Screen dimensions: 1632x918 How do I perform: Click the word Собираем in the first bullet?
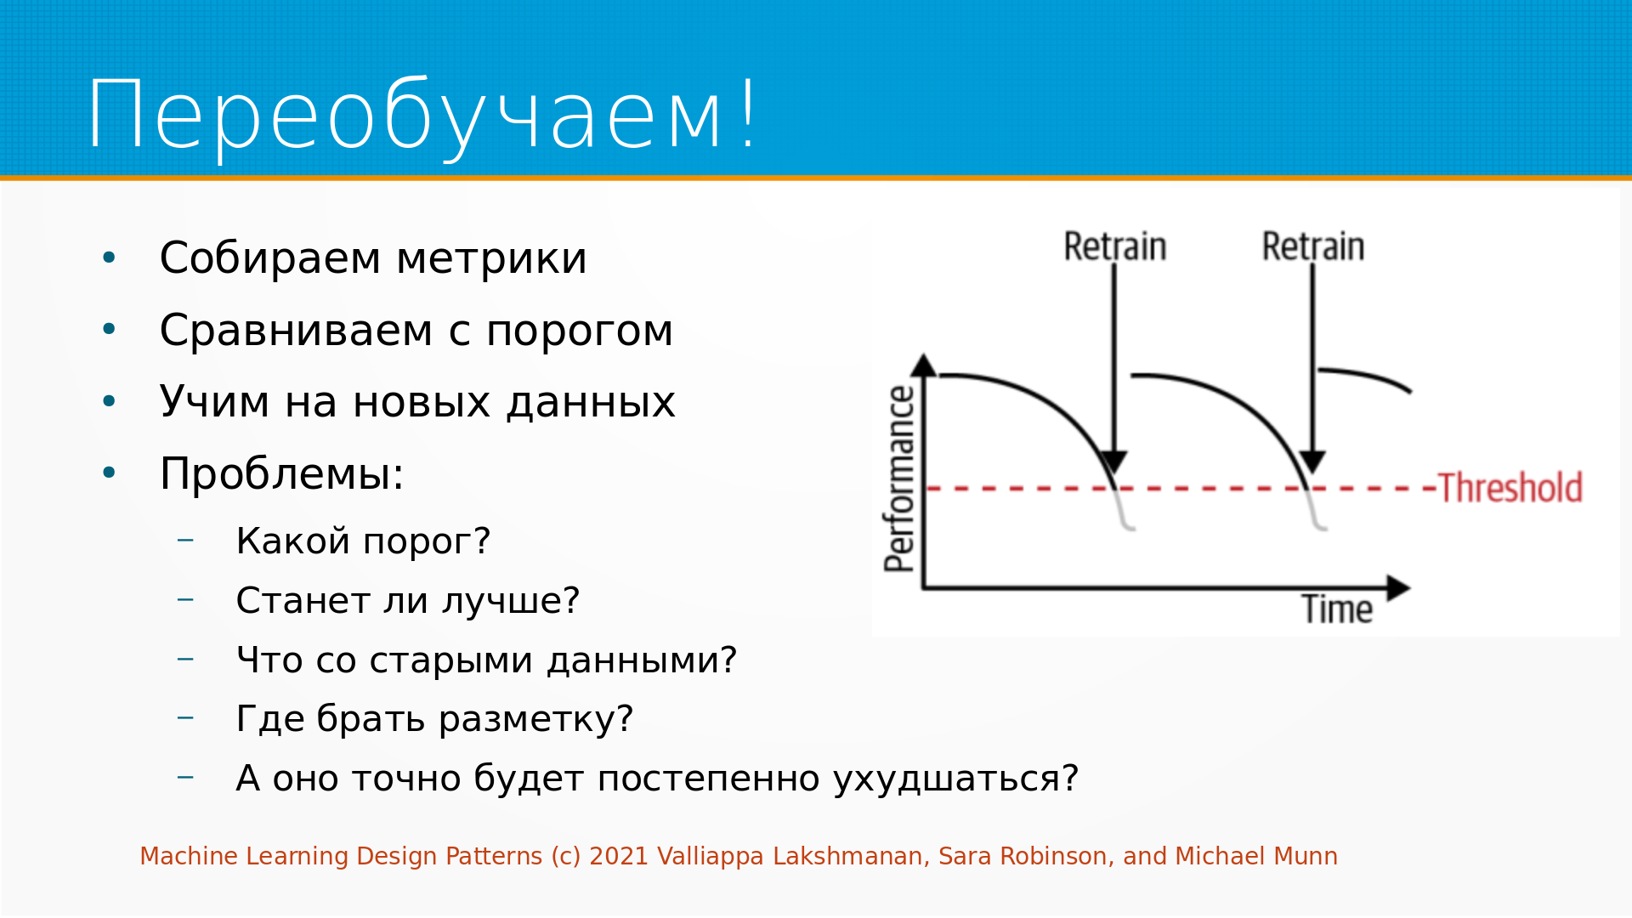click(x=270, y=258)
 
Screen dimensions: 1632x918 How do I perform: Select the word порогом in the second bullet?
click(x=580, y=331)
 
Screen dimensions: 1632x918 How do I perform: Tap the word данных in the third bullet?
click(x=591, y=402)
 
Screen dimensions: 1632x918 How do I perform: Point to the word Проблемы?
click(x=281, y=473)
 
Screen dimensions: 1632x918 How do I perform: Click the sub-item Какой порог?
click(x=363, y=541)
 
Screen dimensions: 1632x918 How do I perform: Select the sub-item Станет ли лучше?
click(x=408, y=601)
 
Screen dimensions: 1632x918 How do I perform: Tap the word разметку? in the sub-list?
click(x=535, y=719)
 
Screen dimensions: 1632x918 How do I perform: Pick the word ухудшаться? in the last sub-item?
click(x=955, y=779)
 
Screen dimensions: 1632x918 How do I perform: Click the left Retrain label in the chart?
click(x=1115, y=246)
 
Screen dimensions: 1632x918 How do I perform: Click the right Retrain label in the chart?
click(x=1313, y=246)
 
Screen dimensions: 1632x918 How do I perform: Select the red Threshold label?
click(x=1510, y=488)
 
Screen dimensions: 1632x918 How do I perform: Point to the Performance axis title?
click(x=899, y=479)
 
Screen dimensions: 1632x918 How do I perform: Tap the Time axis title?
click(x=1337, y=609)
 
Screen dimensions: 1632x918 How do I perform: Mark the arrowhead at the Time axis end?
click(x=1398, y=587)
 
